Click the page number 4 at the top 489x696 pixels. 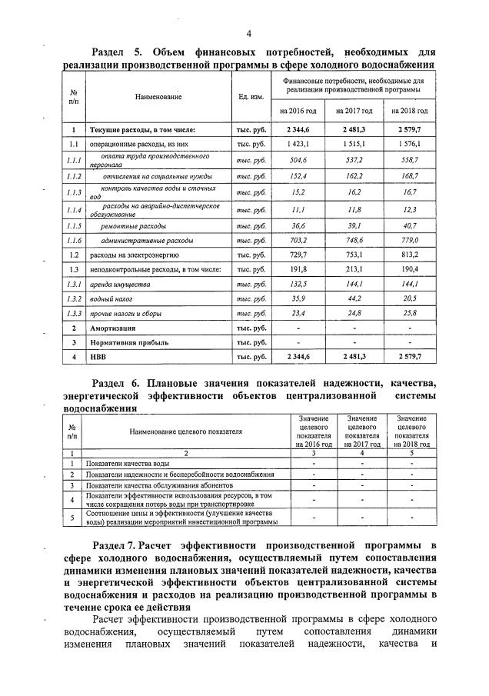248,33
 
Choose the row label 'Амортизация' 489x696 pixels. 114,328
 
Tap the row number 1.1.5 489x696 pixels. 74,225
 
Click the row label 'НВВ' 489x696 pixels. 98,357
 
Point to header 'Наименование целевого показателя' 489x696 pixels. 185,432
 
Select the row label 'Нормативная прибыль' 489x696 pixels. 128,342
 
